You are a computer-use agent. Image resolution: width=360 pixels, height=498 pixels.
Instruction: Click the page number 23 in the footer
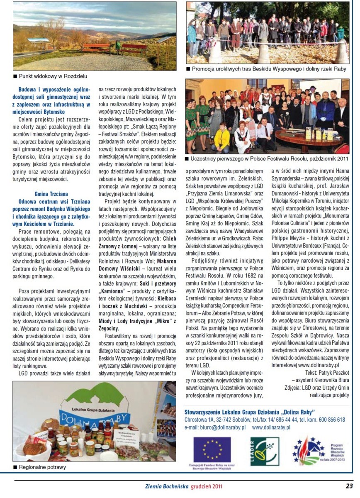[x=349, y=486]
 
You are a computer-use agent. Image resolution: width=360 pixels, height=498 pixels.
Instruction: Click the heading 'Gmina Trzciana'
[x=51, y=193]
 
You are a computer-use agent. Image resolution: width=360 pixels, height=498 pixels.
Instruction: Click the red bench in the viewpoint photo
[x=95, y=47]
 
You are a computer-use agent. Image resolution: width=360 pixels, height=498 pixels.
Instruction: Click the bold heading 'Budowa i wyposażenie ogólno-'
[x=54, y=89]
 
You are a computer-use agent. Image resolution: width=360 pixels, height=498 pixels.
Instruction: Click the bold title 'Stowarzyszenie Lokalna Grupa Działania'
[x=249, y=412]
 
